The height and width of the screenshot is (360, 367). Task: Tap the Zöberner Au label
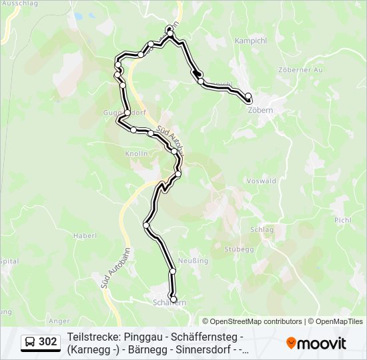tap(300, 69)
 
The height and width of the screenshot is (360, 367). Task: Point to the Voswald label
tap(261, 181)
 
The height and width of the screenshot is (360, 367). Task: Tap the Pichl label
tap(342, 219)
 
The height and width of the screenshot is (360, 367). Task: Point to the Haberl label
tap(85, 235)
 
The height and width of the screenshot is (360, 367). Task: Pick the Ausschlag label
tap(15, 3)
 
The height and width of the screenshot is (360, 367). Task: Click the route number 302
tap(47, 342)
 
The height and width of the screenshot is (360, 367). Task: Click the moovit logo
tap(316, 343)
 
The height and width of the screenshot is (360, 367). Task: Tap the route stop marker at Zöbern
tap(248, 96)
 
